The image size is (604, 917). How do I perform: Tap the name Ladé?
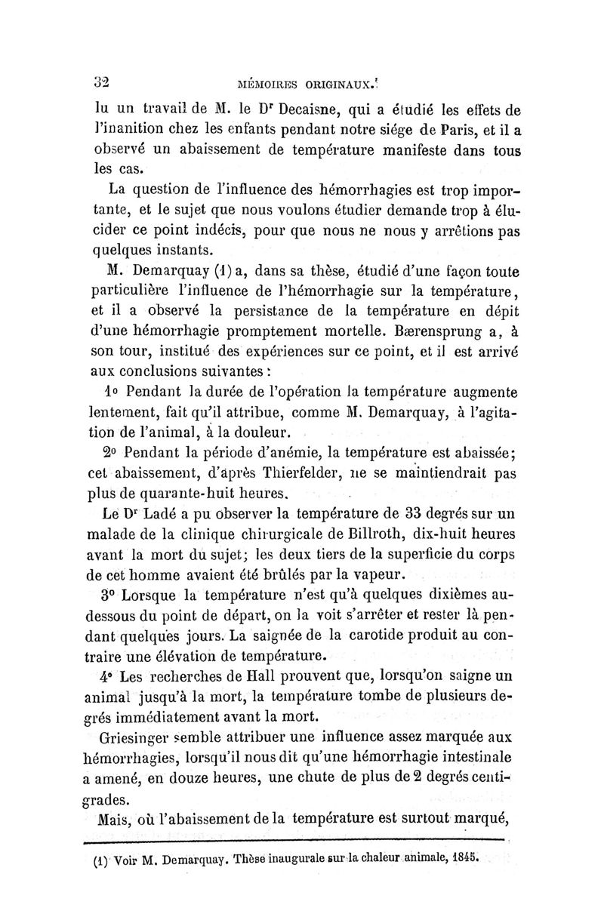click(x=167, y=515)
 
